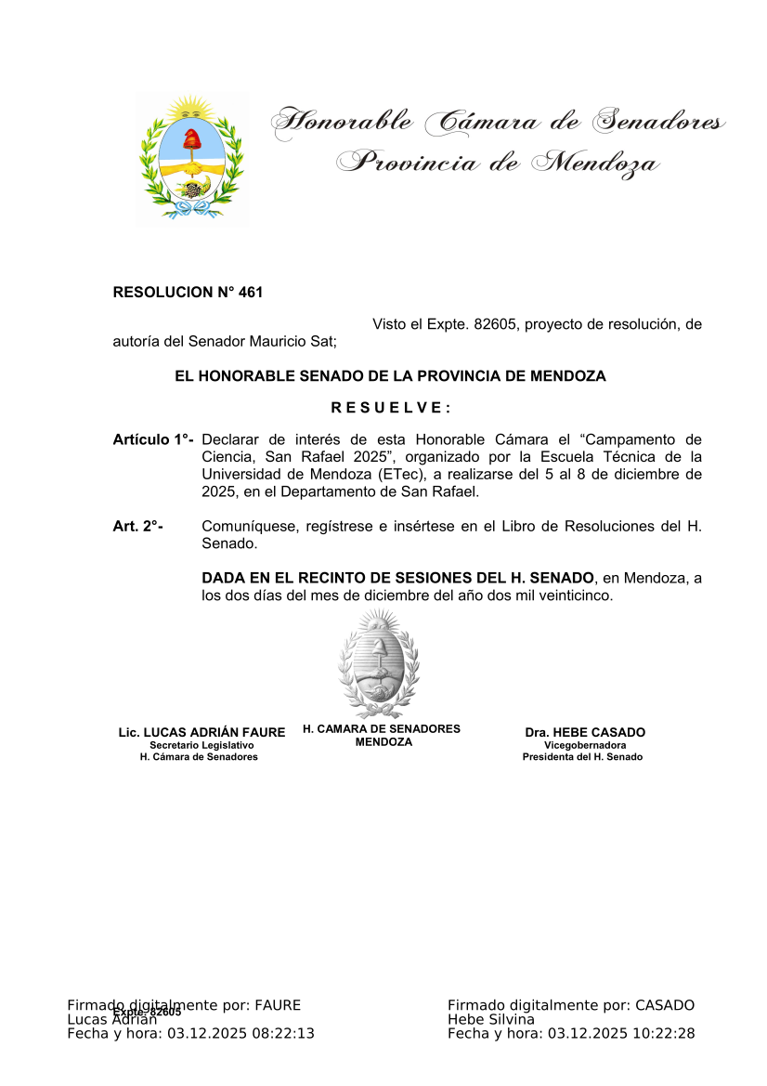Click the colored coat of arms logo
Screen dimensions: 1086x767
(192, 158)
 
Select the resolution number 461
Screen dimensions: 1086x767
(251, 293)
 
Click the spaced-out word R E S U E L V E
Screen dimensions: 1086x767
(390, 408)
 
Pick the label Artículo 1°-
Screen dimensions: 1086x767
(152, 439)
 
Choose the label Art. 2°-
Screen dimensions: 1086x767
(137, 527)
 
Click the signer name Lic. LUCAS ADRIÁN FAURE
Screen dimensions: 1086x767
(201, 733)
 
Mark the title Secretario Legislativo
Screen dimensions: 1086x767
(201, 745)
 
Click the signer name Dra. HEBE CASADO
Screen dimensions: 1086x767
(585, 733)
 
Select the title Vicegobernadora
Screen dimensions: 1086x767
(585, 745)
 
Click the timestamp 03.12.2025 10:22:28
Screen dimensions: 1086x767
(621, 1033)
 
